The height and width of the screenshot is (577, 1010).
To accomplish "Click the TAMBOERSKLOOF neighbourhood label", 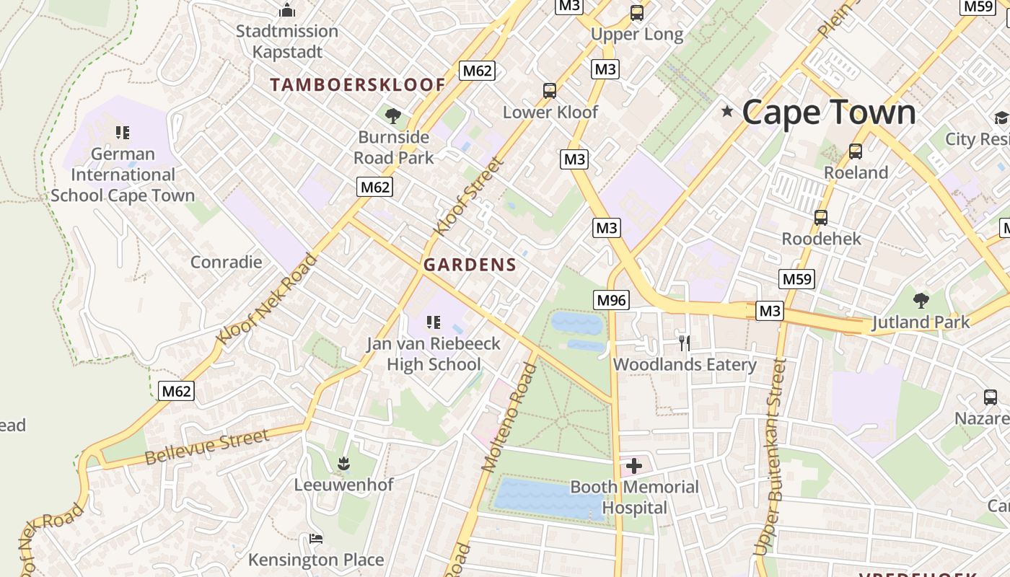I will coord(358,84).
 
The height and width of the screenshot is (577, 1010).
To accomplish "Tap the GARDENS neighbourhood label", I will coord(470,265).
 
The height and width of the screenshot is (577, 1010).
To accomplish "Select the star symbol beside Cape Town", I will coord(727,111).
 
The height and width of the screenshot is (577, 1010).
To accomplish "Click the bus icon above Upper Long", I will coord(636,12).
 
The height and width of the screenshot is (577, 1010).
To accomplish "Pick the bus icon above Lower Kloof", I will coord(550,91).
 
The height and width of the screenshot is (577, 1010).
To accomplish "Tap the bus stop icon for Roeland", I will coord(856,151).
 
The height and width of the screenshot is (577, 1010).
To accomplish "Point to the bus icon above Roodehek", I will coord(821,217).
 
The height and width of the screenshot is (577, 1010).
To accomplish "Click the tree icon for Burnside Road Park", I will coord(393,115).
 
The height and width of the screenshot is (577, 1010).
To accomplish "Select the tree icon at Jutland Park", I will coord(921,300).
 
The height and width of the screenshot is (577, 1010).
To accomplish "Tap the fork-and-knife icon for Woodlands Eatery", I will coord(684,343).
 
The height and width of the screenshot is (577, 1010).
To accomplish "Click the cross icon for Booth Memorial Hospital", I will coord(634,466).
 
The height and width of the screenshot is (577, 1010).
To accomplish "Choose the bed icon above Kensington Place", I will coord(315,538).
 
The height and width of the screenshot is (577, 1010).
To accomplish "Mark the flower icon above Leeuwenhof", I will coord(343,462).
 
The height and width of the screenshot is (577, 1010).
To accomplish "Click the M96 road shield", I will coord(611,300).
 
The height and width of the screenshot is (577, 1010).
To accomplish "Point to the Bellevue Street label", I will coord(207,446).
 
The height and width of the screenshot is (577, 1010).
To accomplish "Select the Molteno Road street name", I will coord(509,418).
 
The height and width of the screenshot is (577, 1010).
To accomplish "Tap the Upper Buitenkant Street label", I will coord(769,458).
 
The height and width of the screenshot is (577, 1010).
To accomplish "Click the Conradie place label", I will coord(226,262).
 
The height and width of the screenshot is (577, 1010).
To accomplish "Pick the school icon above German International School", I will coord(123,133).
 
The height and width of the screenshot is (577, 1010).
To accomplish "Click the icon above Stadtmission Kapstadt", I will coord(287,10).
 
